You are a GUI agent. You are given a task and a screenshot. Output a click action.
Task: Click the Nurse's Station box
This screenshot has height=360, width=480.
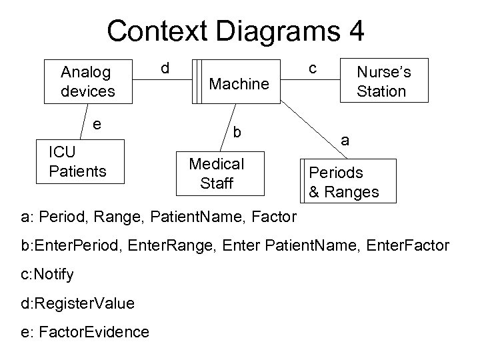click(x=383, y=81)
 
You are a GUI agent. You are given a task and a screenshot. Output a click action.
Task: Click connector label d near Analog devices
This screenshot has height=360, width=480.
click(x=165, y=69)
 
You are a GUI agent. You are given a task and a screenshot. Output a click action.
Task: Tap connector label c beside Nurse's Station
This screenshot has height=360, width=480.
click(x=312, y=68)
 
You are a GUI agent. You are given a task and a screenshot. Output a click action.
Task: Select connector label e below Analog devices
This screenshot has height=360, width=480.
click(x=97, y=124)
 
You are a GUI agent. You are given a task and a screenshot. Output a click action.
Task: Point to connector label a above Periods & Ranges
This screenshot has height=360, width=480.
click(x=345, y=141)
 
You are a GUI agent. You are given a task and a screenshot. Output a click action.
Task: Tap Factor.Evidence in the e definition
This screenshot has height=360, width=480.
click(x=93, y=331)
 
